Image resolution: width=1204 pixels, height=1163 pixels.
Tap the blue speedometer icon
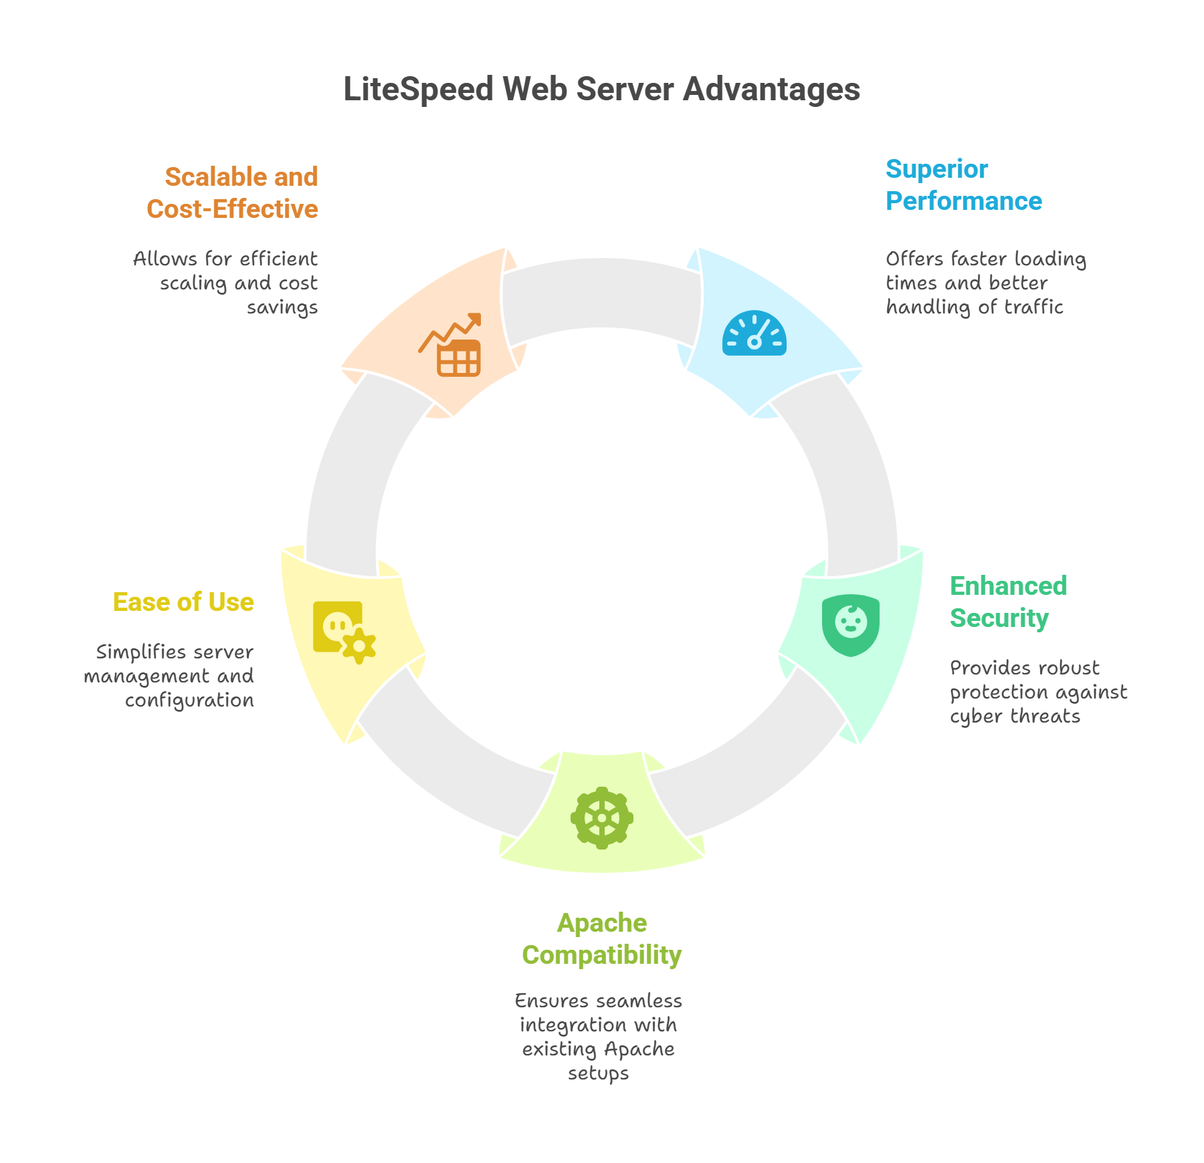coord(754,334)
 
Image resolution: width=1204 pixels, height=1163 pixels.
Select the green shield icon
coord(851,625)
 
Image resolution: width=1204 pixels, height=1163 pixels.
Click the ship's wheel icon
coord(602,818)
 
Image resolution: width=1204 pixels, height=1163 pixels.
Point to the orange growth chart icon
coord(451,345)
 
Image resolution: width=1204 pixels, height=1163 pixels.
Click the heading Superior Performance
coord(963,185)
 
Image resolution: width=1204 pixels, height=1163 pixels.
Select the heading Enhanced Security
coord(1008,602)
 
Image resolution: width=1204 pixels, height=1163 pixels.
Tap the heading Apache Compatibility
coord(601,939)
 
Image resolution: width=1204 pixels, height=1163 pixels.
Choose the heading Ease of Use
coord(183,602)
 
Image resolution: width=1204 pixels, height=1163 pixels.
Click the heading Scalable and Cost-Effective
coord(233,193)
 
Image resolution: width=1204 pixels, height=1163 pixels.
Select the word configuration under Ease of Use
coord(189,700)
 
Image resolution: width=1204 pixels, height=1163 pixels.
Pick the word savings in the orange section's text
coord(282,307)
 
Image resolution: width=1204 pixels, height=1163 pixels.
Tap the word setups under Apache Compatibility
coord(599,1073)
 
